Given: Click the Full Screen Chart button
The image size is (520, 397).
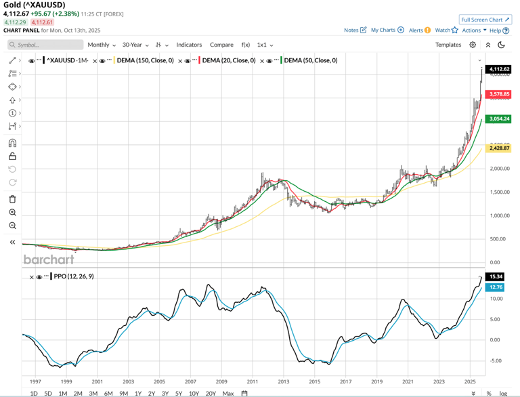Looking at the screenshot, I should (x=485, y=20).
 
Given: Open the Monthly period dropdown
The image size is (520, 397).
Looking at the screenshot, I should (x=102, y=45).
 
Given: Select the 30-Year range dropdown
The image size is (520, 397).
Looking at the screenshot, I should (x=135, y=45).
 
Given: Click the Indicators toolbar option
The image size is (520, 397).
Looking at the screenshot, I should (x=189, y=45).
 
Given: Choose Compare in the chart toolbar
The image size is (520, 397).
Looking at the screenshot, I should (x=221, y=45).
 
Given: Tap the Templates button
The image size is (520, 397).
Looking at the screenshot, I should (x=448, y=45).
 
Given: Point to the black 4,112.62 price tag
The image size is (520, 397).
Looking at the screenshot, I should (x=502, y=69).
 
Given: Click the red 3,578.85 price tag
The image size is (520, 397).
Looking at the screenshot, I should (x=502, y=94).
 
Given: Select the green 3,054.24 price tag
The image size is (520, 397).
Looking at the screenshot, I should (x=502, y=118).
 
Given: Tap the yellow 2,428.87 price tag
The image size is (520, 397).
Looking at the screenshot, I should (x=502, y=148).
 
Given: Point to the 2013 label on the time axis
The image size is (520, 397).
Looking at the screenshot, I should (x=283, y=381).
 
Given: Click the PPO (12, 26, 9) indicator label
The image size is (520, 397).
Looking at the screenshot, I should (x=68, y=276).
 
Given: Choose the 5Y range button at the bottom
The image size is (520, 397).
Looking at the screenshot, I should (x=179, y=393).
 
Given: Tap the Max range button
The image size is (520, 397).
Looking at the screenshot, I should (x=227, y=393).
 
